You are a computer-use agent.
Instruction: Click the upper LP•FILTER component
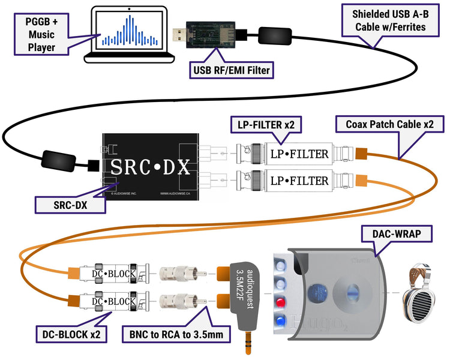[298, 154]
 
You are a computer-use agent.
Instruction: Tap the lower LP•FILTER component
[298, 179]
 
